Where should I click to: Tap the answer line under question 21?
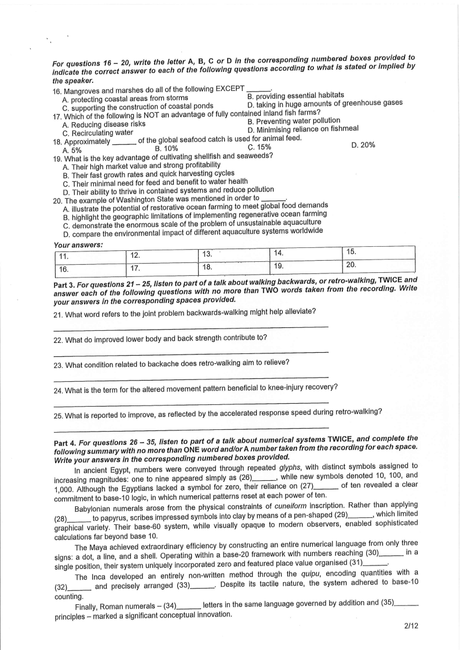[x=191, y=327]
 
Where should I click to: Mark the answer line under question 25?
[x=191, y=431]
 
